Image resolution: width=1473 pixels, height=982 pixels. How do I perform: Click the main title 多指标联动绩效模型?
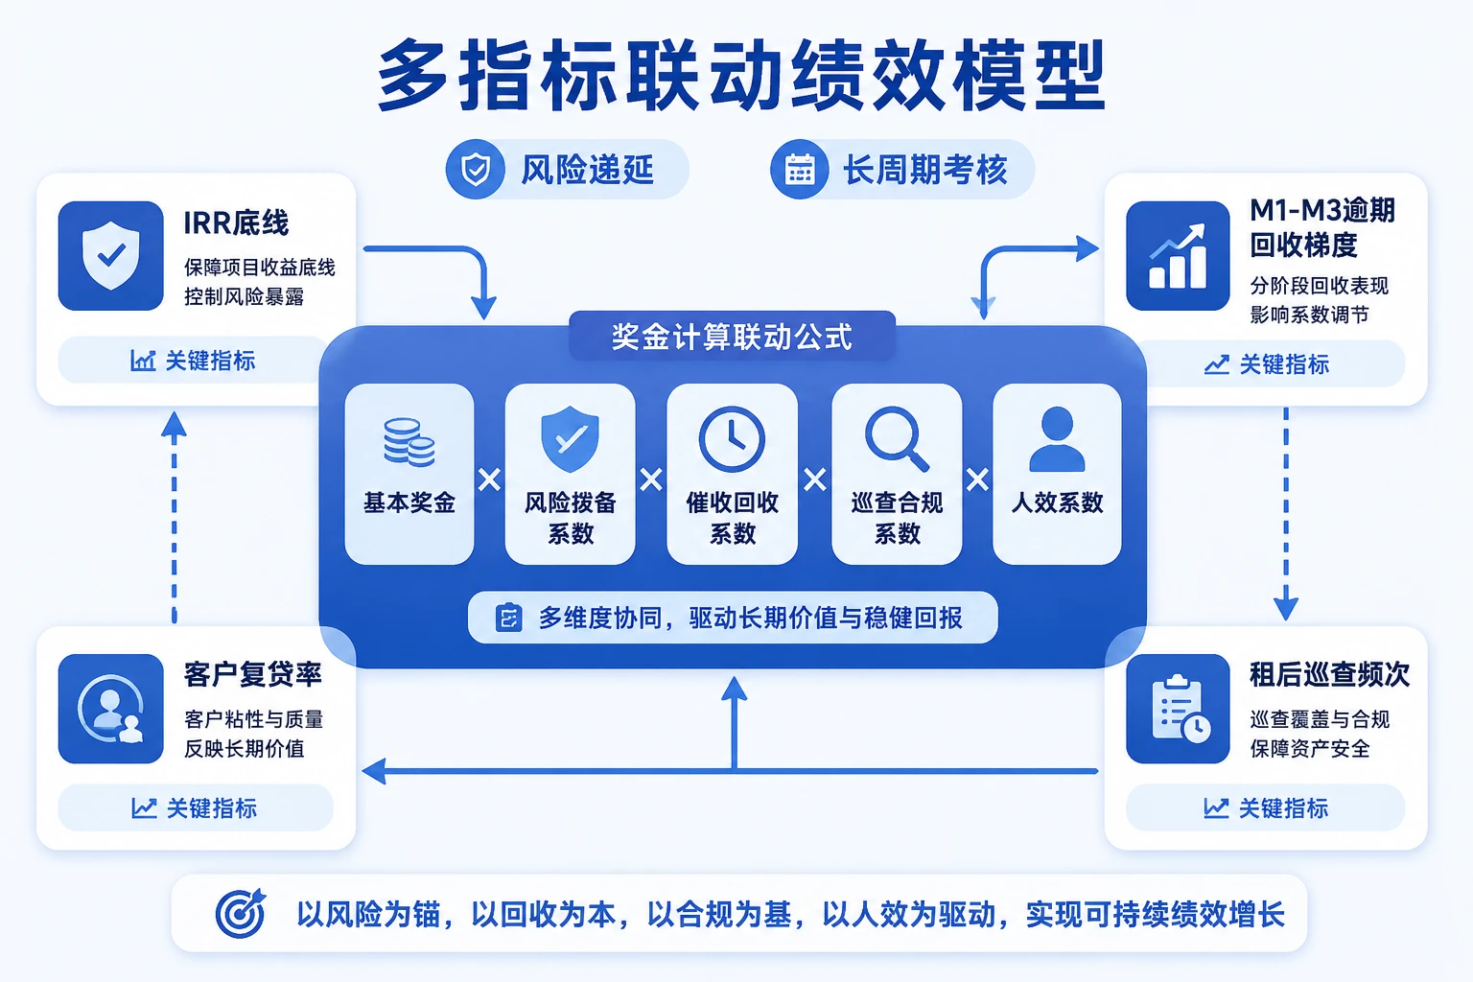click(x=741, y=75)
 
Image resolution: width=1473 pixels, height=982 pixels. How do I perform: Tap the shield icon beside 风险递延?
click(x=476, y=169)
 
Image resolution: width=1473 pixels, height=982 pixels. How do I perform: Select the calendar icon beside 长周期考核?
click(x=800, y=170)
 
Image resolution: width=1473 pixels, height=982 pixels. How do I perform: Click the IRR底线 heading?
click(x=236, y=223)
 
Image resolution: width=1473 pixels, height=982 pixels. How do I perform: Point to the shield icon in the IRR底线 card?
click(x=111, y=256)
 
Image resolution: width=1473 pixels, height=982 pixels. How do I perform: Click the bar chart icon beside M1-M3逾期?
click(x=1178, y=256)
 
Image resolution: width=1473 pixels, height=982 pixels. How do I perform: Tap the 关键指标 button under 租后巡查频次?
click(x=1265, y=808)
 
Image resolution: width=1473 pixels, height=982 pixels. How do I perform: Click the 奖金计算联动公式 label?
click(x=732, y=336)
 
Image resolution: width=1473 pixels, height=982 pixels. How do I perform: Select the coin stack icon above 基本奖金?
click(x=409, y=442)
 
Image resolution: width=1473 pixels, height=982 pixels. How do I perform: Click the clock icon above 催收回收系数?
click(x=732, y=439)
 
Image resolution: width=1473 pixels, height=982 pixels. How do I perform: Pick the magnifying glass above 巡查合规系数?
click(x=897, y=439)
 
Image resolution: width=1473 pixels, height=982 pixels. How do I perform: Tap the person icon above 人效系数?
click(x=1057, y=438)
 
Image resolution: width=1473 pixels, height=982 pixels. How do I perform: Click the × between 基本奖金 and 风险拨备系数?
click(x=489, y=479)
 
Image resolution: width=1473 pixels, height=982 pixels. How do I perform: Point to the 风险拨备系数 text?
click(x=571, y=518)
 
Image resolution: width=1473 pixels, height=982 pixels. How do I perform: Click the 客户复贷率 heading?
click(x=252, y=675)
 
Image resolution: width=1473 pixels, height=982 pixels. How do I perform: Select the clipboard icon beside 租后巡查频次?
click(x=1178, y=709)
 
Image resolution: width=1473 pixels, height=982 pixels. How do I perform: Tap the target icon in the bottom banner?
click(x=241, y=913)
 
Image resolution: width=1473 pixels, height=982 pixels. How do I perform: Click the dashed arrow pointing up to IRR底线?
click(x=175, y=517)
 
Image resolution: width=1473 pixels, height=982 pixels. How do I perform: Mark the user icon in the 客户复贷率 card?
click(x=111, y=709)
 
